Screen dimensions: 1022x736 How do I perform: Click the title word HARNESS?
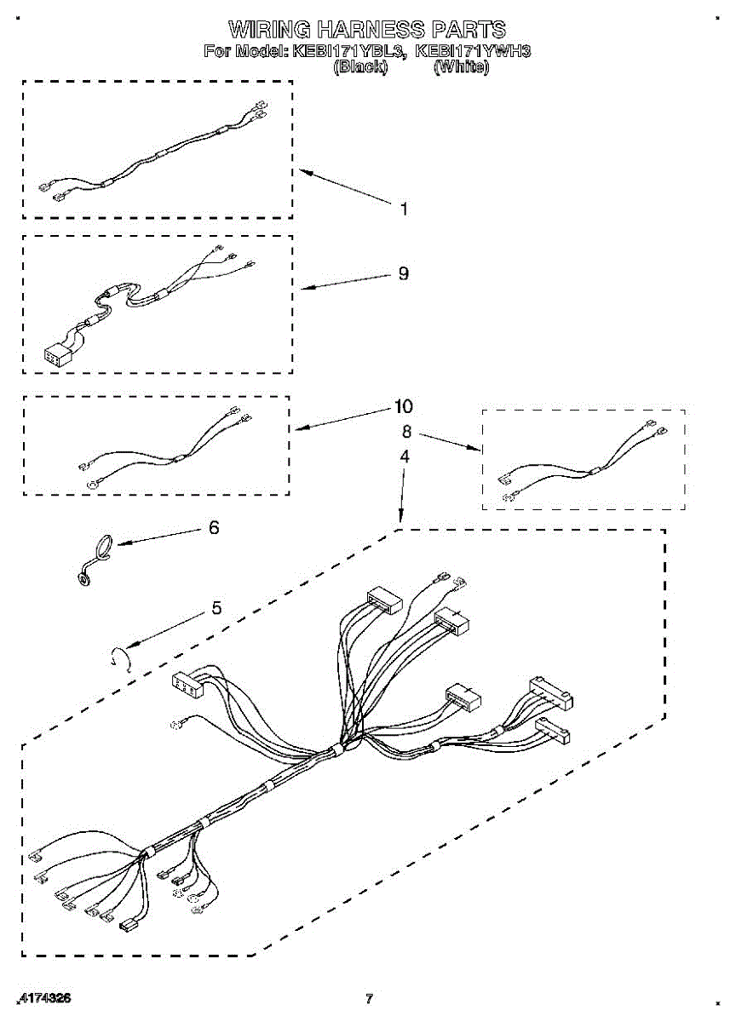click(x=361, y=31)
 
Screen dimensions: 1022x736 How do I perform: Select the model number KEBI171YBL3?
click(x=346, y=50)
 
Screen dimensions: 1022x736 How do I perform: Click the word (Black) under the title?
click(x=360, y=66)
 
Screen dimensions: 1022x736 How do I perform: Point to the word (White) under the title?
click(x=461, y=66)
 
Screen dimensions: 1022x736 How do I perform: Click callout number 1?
click(x=403, y=209)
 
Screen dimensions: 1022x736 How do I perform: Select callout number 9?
click(x=403, y=273)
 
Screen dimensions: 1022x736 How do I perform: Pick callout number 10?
click(x=403, y=405)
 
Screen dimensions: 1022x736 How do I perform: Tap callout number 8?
click(x=406, y=431)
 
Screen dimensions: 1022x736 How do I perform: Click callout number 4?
click(x=405, y=456)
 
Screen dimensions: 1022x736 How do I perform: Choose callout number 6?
click(x=214, y=528)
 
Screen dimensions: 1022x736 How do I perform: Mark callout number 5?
click(x=216, y=608)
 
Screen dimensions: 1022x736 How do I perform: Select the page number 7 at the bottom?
click(x=369, y=999)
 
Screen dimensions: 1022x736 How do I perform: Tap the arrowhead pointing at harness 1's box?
click(x=301, y=173)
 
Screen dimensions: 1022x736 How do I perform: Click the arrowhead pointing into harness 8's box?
click(x=478, y=449)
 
